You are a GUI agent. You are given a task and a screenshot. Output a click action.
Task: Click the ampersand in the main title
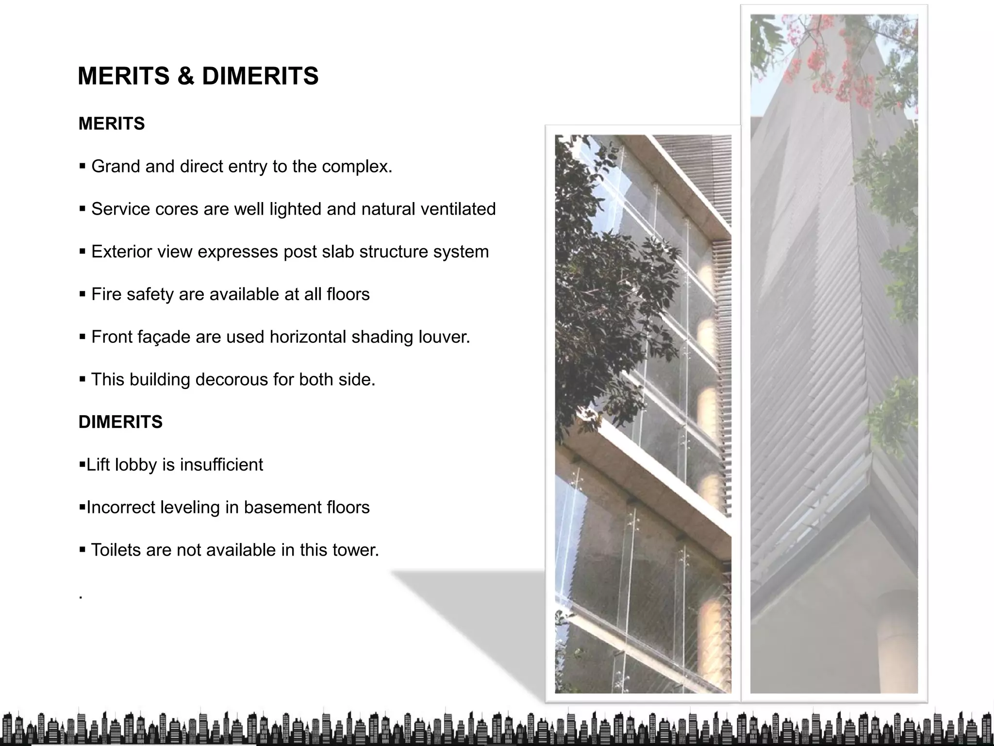click(x=185, y=76)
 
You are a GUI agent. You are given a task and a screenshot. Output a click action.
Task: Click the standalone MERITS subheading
click(x=112, y=124)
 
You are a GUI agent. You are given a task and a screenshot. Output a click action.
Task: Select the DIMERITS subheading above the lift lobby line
click(x=120, y=422)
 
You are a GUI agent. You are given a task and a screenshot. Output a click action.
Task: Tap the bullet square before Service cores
click(x=82, y=209)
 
